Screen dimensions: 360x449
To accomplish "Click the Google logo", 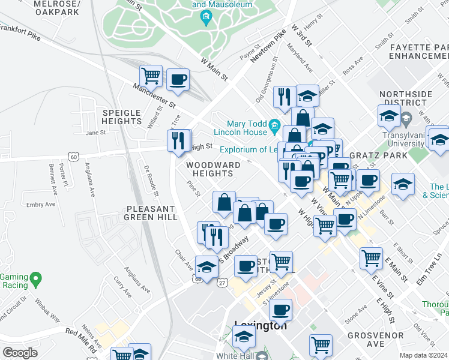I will [x=20, y=353].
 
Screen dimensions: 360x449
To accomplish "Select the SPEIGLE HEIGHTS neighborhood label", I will [x=121, y=117].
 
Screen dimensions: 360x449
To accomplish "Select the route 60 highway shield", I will [x=73, y=157].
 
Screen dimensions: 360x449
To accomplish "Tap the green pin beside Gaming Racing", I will [x=36, y=279].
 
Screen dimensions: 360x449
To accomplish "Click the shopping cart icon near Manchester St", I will [x=151, y=77].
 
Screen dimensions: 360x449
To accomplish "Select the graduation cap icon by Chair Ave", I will [x=206, y=267].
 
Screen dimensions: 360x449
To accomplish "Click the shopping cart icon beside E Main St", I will [x=372, y=259].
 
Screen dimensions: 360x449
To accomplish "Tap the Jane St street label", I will [x=95, y=133].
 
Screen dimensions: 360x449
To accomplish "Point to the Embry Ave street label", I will [x=41, y=205].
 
